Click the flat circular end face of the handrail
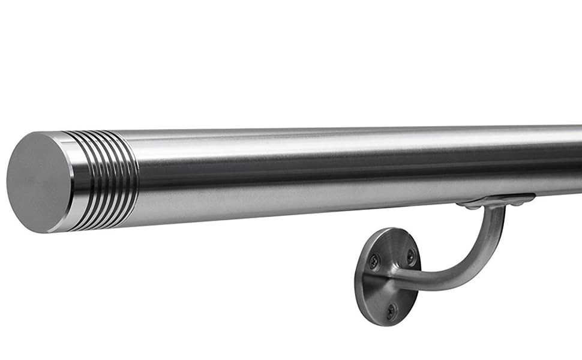(x=37, y=182)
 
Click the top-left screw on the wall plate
(x=374, y=260)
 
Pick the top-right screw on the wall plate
(x=411, y=256)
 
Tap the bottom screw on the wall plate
(x=391, y=310)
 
